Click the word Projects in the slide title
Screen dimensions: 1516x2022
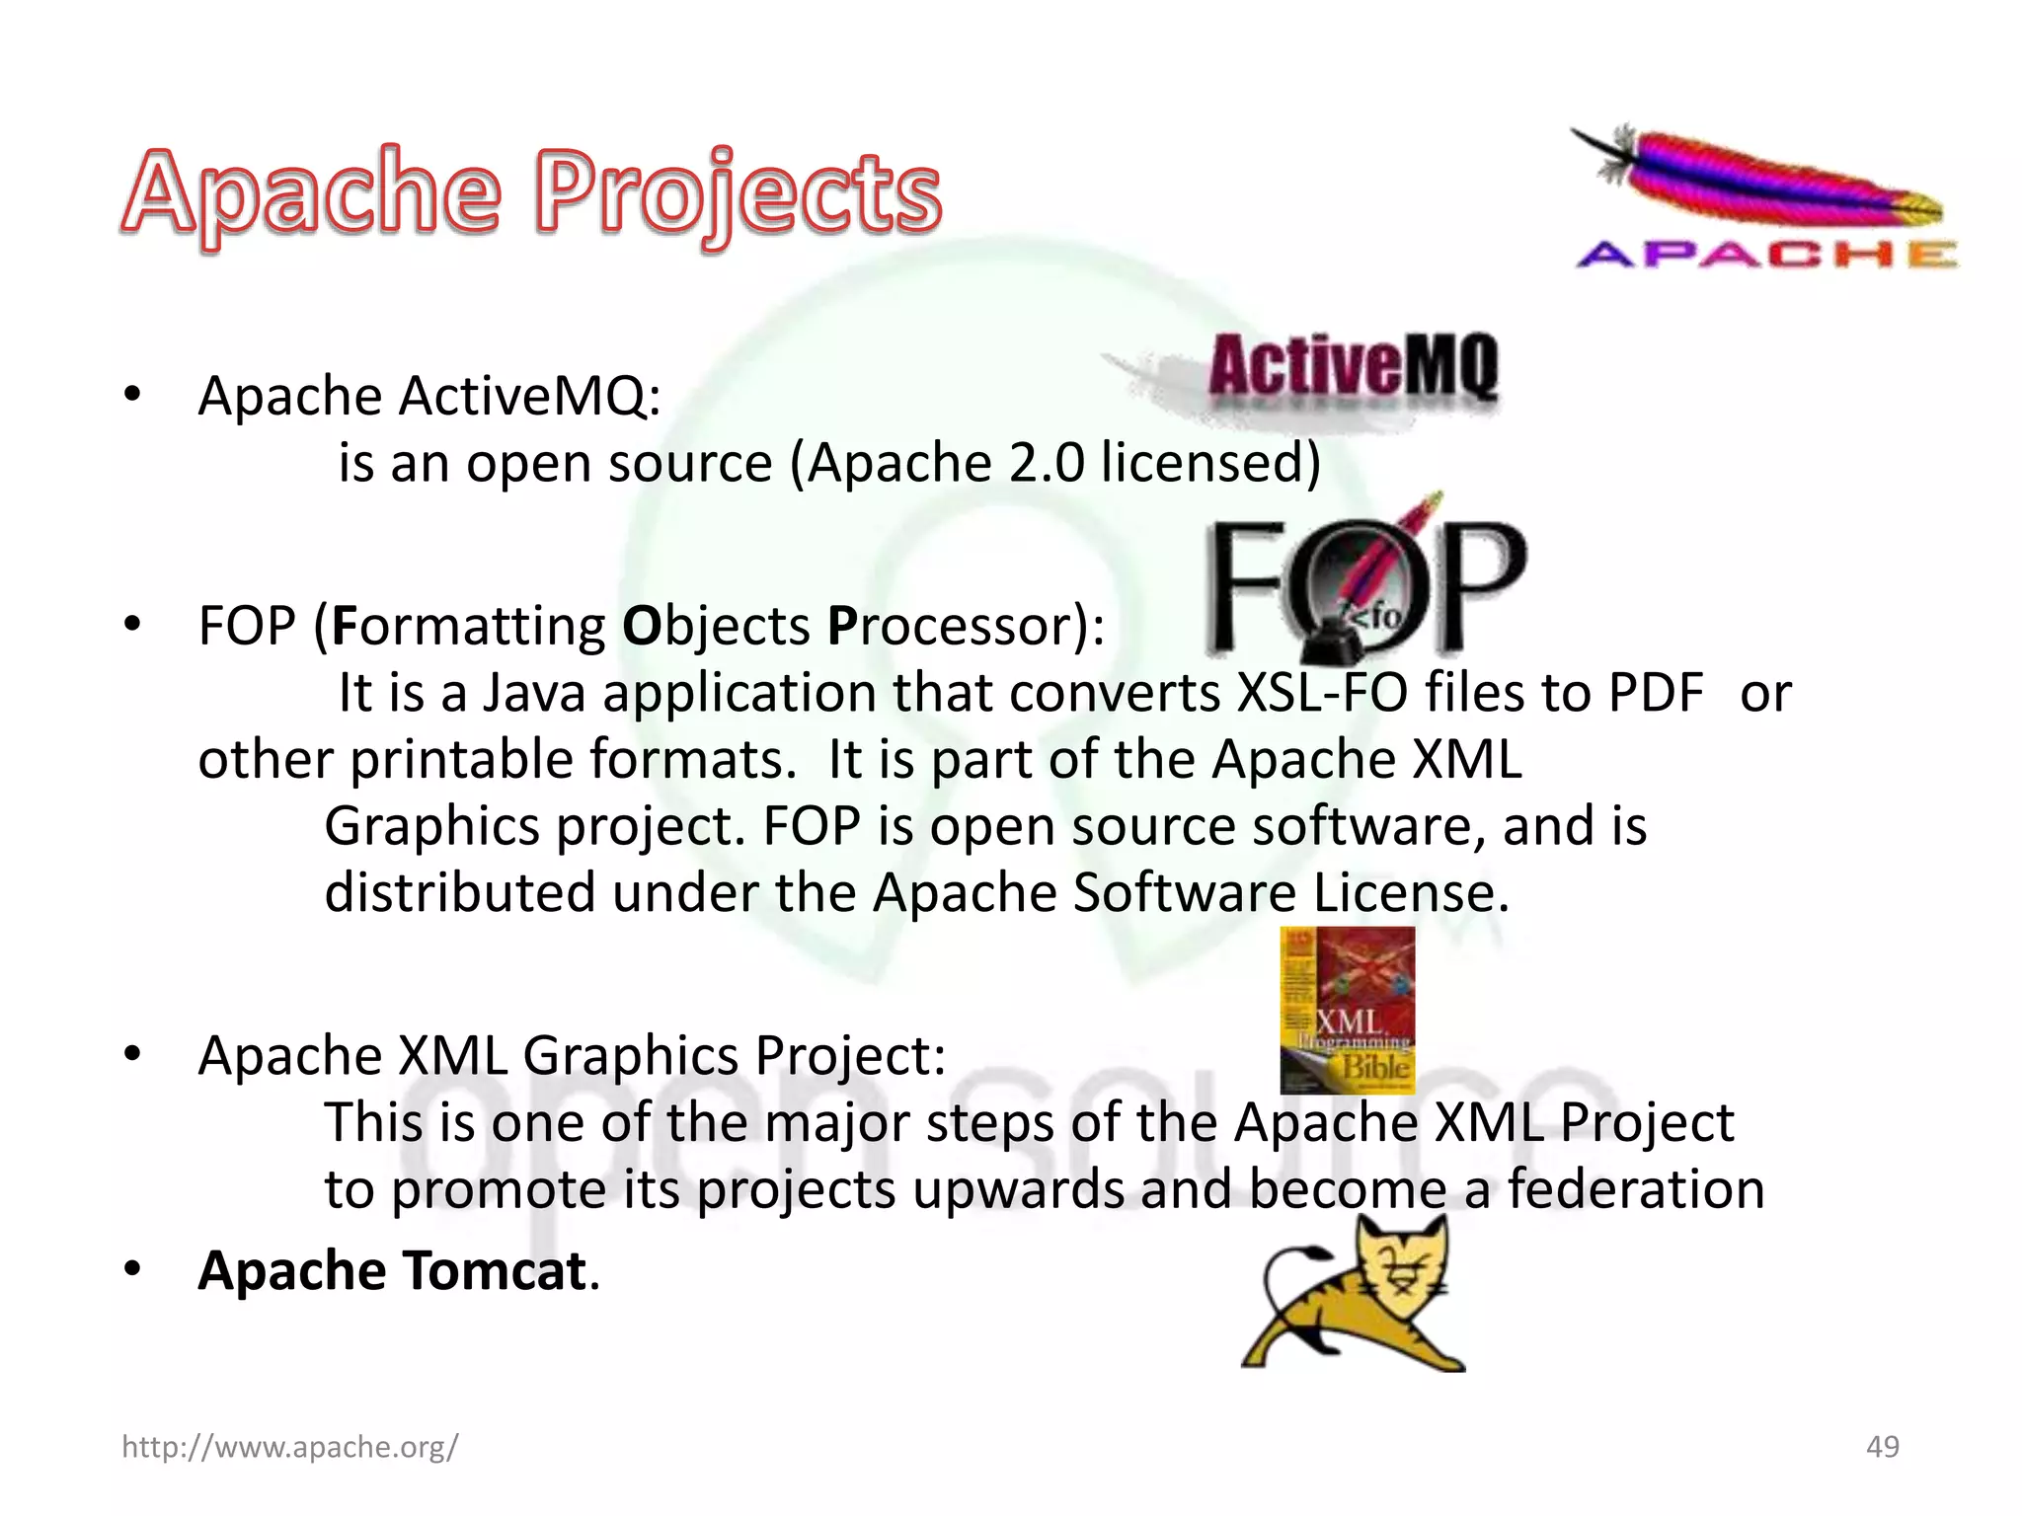tap(739, 194)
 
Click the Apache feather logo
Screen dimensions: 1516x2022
tap(1763, 197)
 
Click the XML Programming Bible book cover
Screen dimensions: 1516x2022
tap(1347, 1009)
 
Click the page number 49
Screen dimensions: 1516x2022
tap(1882, 1447)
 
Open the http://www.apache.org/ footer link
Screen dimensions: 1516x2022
tap(289, 1447)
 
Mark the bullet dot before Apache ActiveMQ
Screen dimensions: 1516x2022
tap(132, 395)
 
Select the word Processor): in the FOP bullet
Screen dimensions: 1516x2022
tap(966, 626)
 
